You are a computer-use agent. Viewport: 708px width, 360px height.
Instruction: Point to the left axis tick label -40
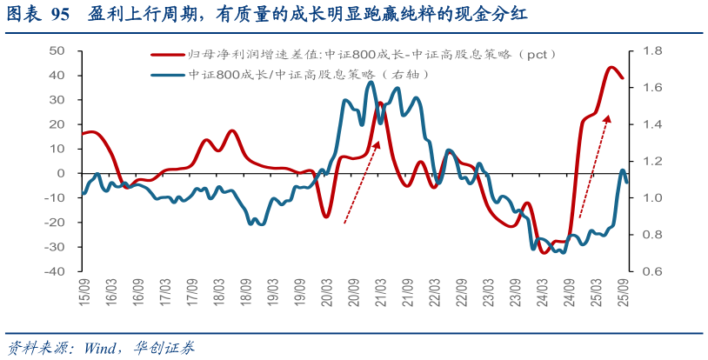(57, 271)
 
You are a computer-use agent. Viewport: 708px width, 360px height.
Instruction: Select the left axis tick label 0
(63, 173)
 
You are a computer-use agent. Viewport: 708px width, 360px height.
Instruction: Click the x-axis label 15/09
(83, 291)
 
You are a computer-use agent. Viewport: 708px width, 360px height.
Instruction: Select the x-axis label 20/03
(327, 291)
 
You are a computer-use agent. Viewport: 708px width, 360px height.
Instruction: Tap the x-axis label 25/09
(624, 291)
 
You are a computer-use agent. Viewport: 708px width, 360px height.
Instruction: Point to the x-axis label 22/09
(462, 291)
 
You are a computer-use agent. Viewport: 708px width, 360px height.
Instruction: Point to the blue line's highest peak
(371, 83)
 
